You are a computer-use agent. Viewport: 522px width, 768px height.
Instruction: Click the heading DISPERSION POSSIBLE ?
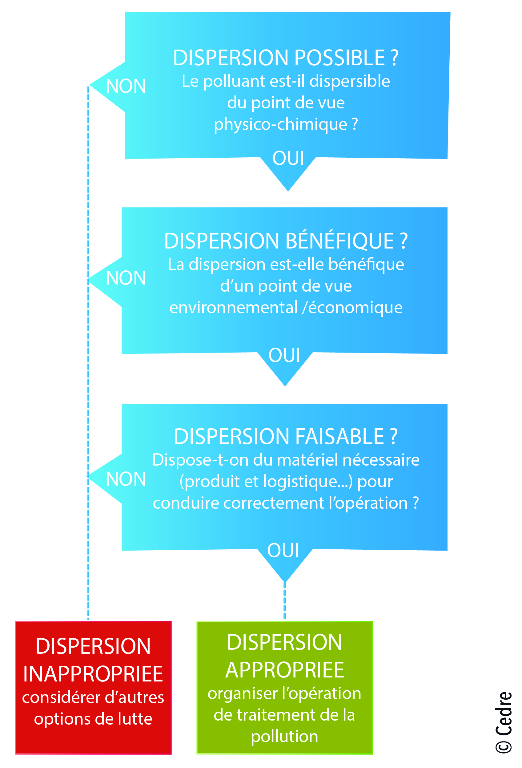tap(286, 58)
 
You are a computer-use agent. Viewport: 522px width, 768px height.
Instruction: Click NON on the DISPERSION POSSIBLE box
tap(126, 86)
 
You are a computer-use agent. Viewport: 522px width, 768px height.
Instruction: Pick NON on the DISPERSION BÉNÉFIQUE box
tap(126, 278)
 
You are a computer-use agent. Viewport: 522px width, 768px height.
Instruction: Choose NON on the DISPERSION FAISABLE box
tap(126, 479)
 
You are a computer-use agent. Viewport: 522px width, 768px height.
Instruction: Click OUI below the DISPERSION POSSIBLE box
tap(288, 158)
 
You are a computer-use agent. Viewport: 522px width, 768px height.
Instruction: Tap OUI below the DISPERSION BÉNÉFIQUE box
tap(284, 355)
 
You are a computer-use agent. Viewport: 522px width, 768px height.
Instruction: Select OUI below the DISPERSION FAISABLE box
tap(283, 550)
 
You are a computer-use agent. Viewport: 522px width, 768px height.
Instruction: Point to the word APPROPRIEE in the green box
tap(285, 670)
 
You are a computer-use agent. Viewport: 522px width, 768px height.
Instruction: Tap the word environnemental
tap(234, 308)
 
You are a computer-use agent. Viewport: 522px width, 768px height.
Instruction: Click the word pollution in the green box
tap(284, 737)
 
